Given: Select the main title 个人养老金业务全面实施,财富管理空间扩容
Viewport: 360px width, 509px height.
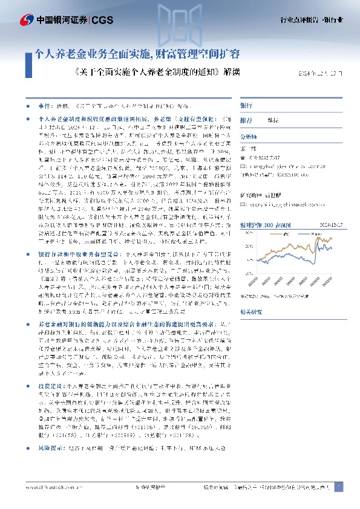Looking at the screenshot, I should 138,59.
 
